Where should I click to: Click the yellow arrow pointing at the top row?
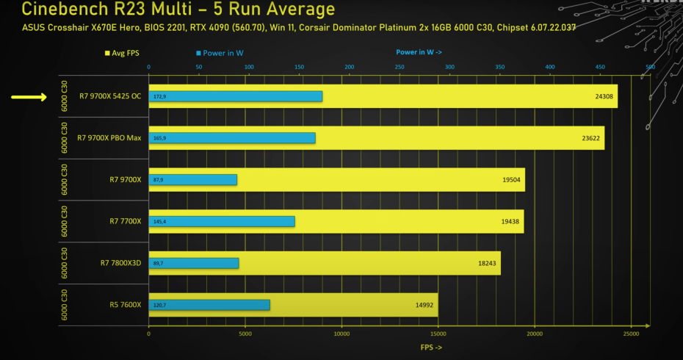click(29, 96)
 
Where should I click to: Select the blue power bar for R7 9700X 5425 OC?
click(236, 96)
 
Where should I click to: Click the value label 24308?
click(605, 96)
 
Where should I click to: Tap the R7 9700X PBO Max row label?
click(109, 138)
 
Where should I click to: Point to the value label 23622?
click(593, 138)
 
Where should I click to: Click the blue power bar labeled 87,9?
click(193, 180)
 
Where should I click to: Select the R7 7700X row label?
click(125, 221)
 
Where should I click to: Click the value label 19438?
click(512, 221)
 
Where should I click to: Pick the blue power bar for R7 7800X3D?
click(194, 263)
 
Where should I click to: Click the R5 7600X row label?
click(125, 304)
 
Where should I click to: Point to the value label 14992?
click(426, 304)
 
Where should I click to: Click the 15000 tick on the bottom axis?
click(438, 334)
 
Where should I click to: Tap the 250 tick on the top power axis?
click(400, 67)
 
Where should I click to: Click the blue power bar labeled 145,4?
click(222, 221)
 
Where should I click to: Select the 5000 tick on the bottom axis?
click(245, 334)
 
